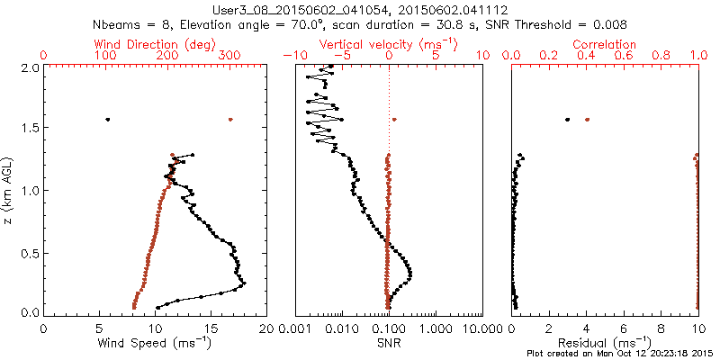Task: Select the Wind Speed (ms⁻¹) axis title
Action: click(156, 343)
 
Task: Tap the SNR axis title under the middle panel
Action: click(389, 343)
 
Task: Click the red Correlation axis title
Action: click(606, 44)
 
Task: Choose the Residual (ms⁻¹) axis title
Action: click(606, 343)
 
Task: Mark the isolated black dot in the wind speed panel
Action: click(108, 119)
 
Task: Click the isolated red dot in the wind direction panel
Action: click(230, 119)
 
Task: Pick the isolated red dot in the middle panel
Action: click(395, 119)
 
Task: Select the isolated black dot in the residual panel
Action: click(568, 119)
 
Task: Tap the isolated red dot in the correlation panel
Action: click(588, 119)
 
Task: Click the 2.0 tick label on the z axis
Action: click(30, 67)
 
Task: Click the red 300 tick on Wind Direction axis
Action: click(229, 56)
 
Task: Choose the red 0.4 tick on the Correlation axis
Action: click(588, 56)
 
